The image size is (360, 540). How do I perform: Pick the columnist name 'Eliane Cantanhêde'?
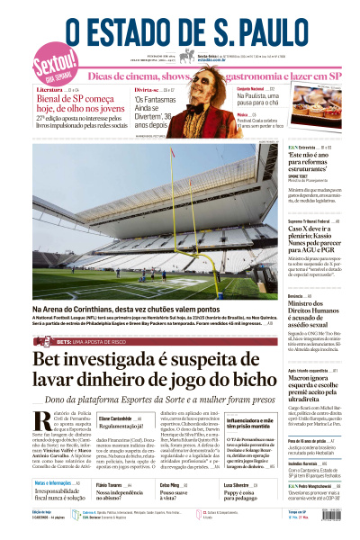tap(116, 419)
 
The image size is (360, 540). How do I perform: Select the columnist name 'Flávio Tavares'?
tap(112, 484)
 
